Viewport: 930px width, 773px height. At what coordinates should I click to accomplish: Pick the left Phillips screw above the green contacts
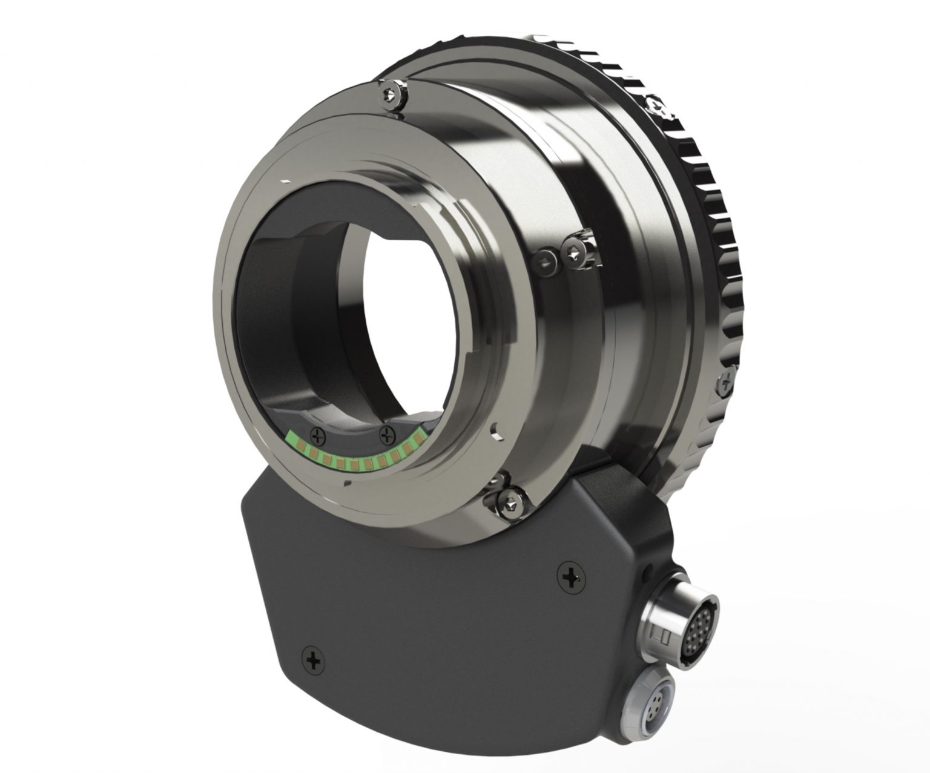316,433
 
